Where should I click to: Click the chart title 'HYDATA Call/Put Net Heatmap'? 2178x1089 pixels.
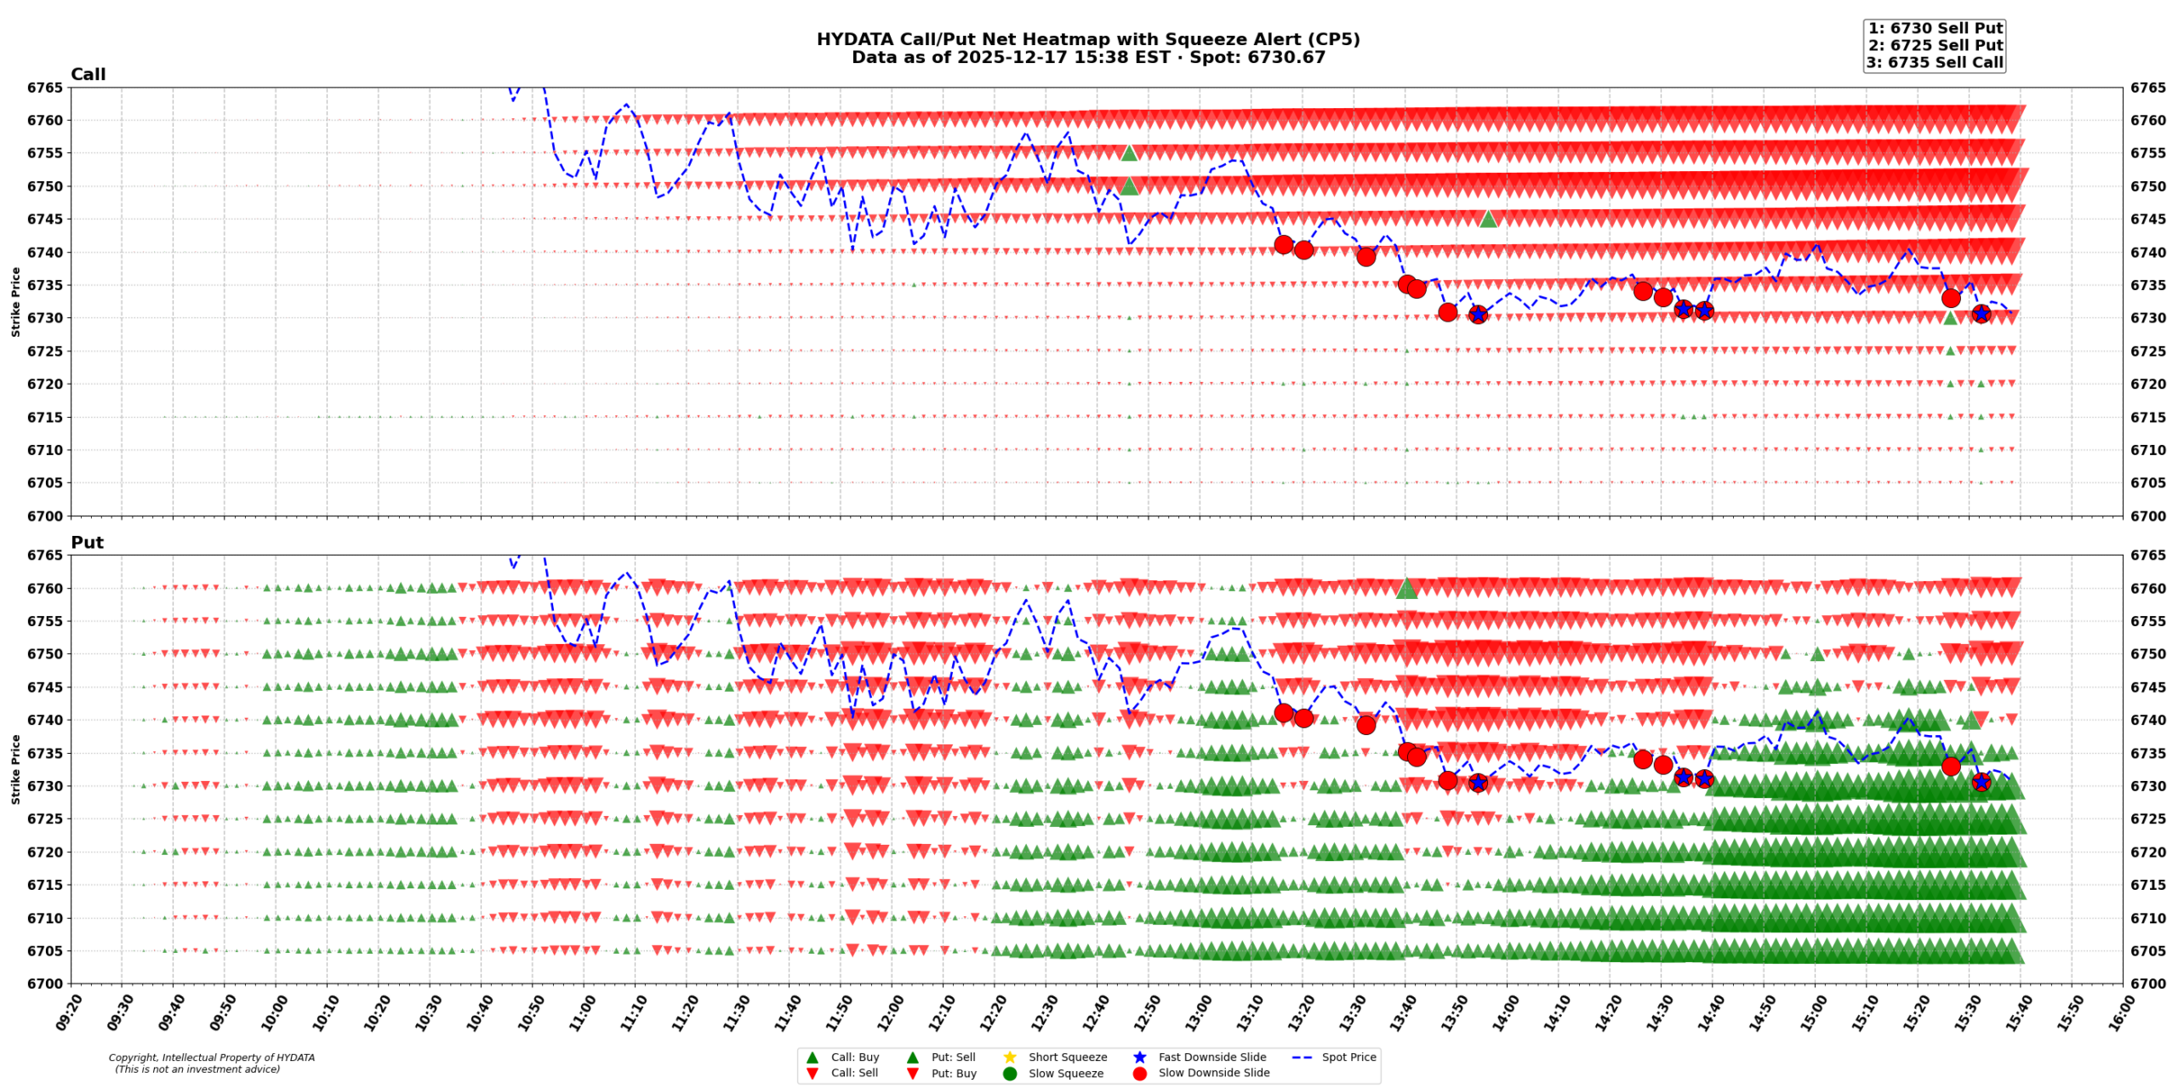coord(1087,40)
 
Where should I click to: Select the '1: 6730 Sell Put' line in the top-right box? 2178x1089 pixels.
coord(1935,28)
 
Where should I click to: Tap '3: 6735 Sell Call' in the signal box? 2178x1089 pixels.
coord(1935,62)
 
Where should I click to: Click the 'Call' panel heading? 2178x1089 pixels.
coord(88,75)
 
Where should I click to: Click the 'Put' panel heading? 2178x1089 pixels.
coord(87,543)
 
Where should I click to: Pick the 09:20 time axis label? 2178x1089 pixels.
coord(67,1012)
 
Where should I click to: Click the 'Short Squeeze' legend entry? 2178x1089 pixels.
coord(1067,1057)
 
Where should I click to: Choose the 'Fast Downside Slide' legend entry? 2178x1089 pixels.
coord(1212,1057)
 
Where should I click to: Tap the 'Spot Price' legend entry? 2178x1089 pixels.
coord(1348,1057)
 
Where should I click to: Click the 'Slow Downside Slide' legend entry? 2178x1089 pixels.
coord(1213,1073)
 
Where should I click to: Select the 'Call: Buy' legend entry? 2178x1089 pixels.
coord(854,1057)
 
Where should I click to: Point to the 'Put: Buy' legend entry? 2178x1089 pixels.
coord(953,1073)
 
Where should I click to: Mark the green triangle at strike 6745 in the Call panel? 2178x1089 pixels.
coord(1488,219)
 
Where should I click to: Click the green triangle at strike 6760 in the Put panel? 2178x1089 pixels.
coord(1406,588)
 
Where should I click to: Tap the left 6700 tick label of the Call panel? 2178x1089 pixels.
coord(45,516)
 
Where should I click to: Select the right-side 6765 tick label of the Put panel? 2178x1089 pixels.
coord(2148,556)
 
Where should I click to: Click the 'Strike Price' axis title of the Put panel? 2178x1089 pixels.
coord(15,769)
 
